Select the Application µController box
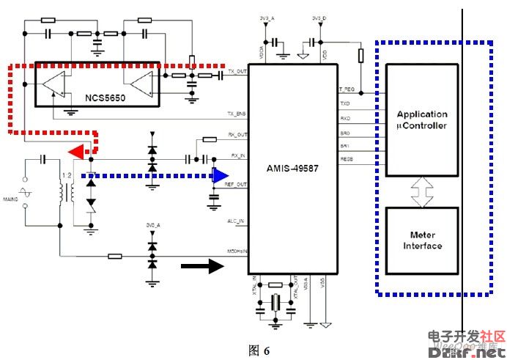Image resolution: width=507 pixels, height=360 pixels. (421, 120)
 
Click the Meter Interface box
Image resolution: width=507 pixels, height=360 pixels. (421, 240)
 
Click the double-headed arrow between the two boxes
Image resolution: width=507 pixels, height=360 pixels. (421, 192)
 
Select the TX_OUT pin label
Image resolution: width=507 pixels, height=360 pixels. (237, 71)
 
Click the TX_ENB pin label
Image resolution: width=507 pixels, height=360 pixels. (237, 115)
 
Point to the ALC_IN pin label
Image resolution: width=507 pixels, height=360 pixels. (235, 220)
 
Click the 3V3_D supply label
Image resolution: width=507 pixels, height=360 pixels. (318, 18)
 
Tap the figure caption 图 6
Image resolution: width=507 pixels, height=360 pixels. (259, 350)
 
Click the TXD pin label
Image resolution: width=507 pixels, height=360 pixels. (345, 103)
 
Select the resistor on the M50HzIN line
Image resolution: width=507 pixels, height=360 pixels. (114, 256)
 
